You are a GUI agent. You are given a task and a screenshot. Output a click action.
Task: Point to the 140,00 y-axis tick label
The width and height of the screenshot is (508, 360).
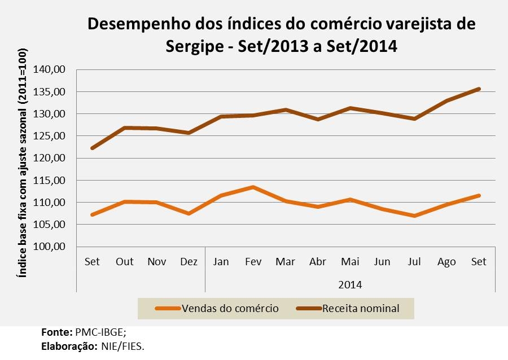click(50, 69)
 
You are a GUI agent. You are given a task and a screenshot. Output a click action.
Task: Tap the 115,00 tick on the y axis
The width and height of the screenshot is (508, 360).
click(50, 181)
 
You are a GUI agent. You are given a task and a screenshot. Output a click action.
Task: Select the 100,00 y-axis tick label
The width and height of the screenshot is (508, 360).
click(50, 247)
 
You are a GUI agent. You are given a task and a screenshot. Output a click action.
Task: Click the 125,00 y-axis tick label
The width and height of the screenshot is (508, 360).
click(50, 136)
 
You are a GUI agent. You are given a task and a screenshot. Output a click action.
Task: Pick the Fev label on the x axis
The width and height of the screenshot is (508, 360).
click(253, 262)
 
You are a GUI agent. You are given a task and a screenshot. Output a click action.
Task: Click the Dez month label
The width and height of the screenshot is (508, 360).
click(189, 262)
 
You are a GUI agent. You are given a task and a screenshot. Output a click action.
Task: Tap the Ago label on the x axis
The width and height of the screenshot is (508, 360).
click(446, 262)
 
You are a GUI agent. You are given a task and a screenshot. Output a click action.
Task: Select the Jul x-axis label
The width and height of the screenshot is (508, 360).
click(414, 262)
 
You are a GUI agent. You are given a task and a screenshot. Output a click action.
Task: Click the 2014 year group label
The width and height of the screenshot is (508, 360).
click(350, 284)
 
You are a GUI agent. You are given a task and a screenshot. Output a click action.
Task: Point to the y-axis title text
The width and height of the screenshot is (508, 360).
click(22, 169)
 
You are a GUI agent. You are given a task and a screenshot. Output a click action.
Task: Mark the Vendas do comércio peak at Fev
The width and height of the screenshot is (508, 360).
click(253, 187)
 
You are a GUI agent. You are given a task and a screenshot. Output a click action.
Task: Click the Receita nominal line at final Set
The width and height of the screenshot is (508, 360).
click(479, 89)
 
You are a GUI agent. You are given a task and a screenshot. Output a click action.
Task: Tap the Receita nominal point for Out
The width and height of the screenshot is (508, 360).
click(124, 128)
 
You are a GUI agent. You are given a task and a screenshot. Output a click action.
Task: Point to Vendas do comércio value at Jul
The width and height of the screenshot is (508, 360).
click(414, 216)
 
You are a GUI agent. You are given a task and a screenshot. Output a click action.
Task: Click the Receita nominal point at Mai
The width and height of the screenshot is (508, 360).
click(350, 108)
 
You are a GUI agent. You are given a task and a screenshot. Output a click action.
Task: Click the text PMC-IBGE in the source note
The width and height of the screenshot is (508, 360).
click(104, 332)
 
